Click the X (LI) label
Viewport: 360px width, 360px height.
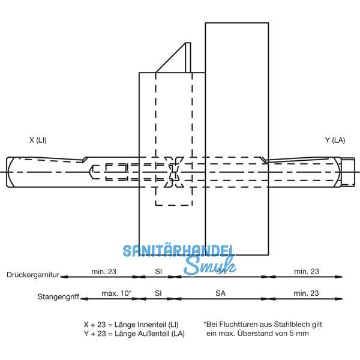[38, 140]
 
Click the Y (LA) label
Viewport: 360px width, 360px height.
[335, 140]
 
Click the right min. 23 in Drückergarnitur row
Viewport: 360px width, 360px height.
[306, 271]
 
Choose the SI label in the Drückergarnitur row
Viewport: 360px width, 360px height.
[158, 271]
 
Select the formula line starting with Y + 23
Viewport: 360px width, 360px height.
[131, 333]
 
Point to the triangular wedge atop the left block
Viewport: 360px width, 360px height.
[177, 59]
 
